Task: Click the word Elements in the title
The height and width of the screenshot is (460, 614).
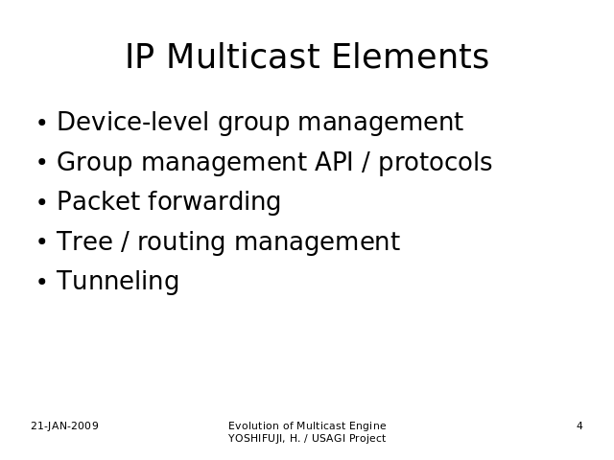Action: click(411, 57)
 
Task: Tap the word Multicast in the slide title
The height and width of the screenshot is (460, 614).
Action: click(244, 57)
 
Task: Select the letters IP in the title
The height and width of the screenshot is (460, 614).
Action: click(139, 57)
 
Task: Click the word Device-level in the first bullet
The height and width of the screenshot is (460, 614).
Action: click(132, 122)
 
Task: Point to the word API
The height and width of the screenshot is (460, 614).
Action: click(334, 162)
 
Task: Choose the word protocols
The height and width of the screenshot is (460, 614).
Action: click(435, 162)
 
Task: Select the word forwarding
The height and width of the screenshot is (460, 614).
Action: click(214, 202)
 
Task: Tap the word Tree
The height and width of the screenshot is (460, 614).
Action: click(84, 241)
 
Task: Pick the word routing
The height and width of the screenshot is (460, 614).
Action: click(181, 242)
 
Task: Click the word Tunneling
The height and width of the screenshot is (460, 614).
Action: click(118, 281)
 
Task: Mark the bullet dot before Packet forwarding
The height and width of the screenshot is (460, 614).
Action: click(42, 202)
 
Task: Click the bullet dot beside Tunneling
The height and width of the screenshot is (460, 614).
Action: click(42, 282)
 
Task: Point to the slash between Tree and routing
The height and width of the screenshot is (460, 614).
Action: click(125, 241)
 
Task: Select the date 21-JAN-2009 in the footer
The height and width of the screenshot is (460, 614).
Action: click(64, 425)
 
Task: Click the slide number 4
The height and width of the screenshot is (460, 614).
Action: click(579, 425)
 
